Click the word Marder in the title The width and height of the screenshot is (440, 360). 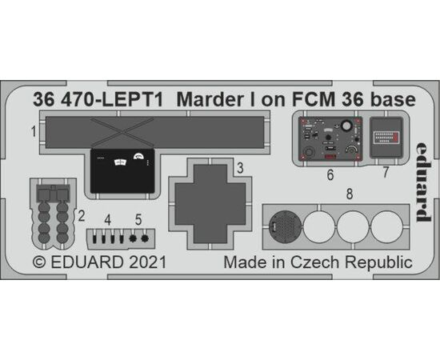click(210, 100)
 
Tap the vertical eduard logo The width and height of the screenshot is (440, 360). click(423, 182)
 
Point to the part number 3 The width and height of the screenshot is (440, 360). click(240, 168)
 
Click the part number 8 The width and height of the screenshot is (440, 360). click(350, 194)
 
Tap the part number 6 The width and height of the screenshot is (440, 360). click(330, 175)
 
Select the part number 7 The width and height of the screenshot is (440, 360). click(386, 172)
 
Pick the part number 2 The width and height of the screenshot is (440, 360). click(82, 216)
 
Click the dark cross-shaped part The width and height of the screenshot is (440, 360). click(210, 204)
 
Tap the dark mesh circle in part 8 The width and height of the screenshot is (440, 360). click(285, 226)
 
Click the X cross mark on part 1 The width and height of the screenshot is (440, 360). click(122, 132)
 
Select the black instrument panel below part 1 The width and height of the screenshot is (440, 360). click(122, 171)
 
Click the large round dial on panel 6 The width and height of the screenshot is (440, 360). click(346, 125)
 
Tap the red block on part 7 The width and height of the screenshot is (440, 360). click(396, 138)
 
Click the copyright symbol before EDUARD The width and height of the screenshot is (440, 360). click(39, 262)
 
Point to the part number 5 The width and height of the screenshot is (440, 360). click(138, 219)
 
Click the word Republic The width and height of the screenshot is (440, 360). click(378, 263)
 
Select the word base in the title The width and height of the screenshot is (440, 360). click(393, 100)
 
